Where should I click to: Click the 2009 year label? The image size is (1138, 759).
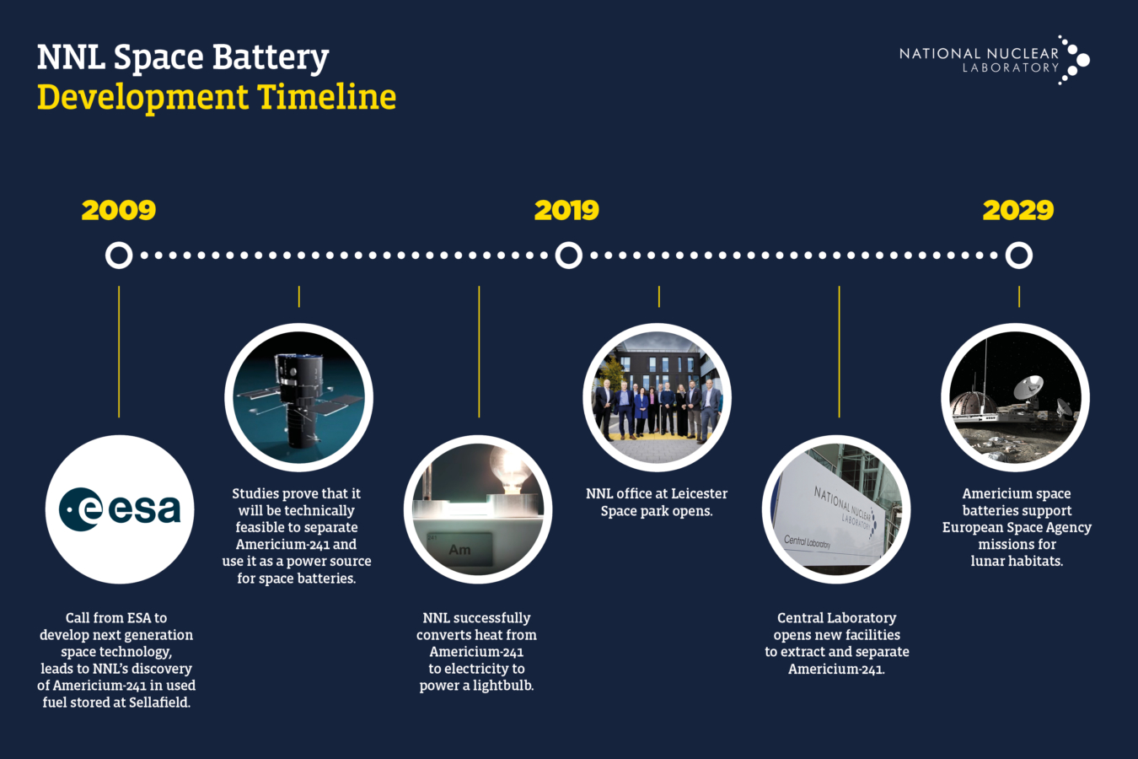[x=119, y=210]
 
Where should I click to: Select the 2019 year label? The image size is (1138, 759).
[x=566, y=210]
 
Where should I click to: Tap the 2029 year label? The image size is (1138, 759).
[x=1018, y=210]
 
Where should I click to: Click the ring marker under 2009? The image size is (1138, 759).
[x=119, y=255]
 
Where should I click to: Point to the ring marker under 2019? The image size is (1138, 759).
[x=569, y=255]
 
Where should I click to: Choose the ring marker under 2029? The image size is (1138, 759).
[x=1019, y=255]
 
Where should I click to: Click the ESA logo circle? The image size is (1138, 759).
[x=120, y=509]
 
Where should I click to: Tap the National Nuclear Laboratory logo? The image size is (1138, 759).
[x=995, y=60]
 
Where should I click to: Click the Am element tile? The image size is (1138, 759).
[x=459, y=549]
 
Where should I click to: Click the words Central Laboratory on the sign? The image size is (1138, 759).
[x=808, y=541]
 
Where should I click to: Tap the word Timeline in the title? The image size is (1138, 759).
[x=327, y=97]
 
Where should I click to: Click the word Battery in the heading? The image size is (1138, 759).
[x=270, y=57]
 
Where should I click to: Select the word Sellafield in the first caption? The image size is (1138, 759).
[x=159, y=702]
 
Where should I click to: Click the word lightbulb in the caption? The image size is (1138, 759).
[x=502, y=686]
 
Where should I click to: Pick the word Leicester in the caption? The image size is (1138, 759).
[x=688, y=493]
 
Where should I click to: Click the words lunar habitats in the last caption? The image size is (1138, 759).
[x=1017, y=561]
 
